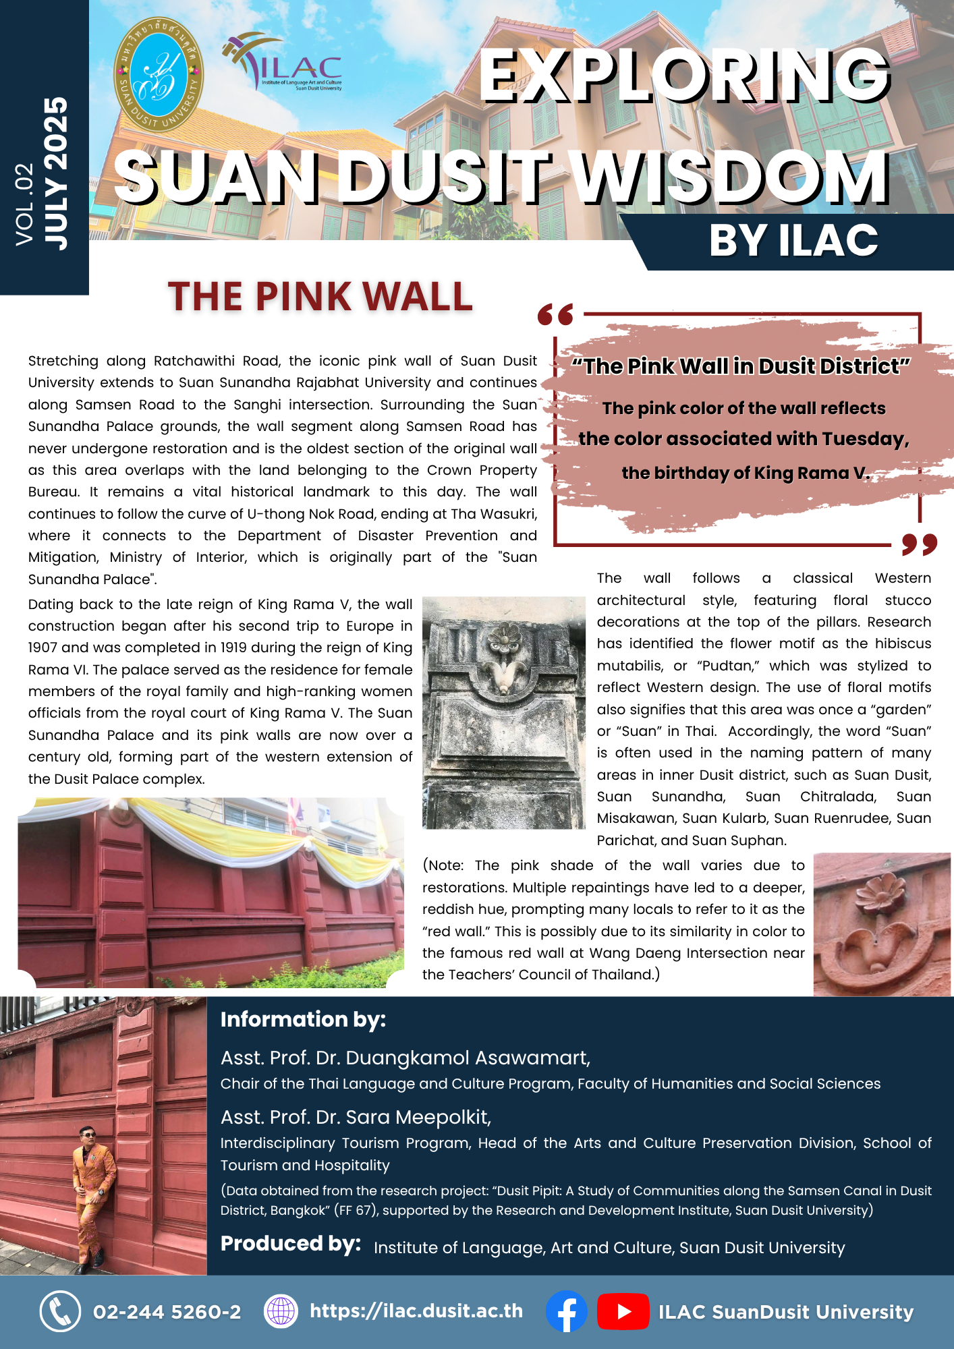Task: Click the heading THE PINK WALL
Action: coord(320,297)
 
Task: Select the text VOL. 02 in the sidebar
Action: coord(25,204)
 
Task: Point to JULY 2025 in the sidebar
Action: coord(57,173)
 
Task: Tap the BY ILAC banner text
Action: coord(793,241)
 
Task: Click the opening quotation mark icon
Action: coord(555,314)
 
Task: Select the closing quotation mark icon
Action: coord(919,544)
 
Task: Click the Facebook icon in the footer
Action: coord(566,1312)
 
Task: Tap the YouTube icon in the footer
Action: coord(623,1312)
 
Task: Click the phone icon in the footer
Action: coord(61,1312)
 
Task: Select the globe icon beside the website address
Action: coord(281,1312)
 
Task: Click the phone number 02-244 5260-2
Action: coord(167,1312)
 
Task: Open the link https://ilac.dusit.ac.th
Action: coord(416,1311)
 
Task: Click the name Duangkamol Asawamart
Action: coord(467,1058)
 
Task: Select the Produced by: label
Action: coord(290,1244)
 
